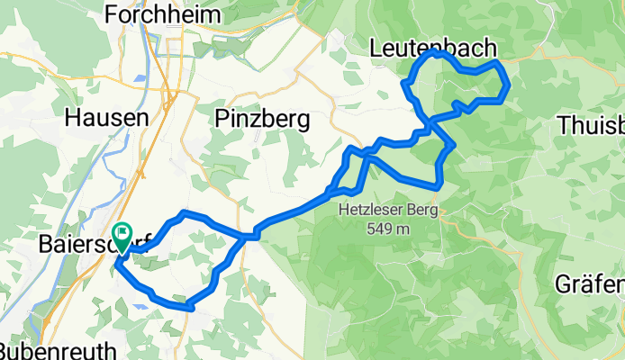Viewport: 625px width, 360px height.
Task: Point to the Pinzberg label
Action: (x=262, y=118)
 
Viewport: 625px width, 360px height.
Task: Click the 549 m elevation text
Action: (x=388, y=229)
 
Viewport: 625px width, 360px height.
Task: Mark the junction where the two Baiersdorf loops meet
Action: (x=244, y=237)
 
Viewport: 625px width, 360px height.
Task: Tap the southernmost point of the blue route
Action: (x=190, y=308)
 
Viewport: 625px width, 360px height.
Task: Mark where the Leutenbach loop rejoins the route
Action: (x=431, y=120)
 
